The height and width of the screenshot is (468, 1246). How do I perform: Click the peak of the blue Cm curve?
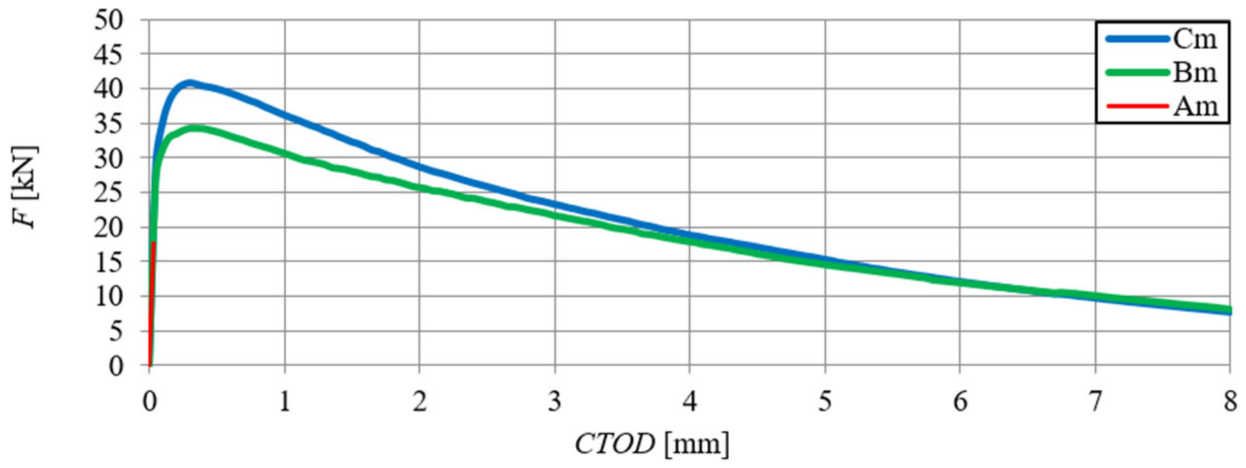coord(188,82)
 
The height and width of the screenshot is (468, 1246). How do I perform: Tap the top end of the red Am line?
coord(153,243)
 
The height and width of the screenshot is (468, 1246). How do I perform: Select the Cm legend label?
coord(1195,39)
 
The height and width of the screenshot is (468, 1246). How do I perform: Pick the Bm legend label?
coord(1195,73)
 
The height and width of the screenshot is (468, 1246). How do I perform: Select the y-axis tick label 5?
coord(116,332)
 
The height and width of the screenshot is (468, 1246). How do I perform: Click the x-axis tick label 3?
coord(554,402)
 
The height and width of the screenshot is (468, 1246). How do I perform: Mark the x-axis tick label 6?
coord(960,402)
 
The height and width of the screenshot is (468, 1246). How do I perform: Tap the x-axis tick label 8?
coord(1230,402)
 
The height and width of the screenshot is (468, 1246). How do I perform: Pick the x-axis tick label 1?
coord(284,402)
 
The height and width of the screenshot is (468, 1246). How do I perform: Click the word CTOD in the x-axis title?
coord(615,444)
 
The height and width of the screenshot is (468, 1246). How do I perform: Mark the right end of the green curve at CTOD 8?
coord(1229,309)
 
